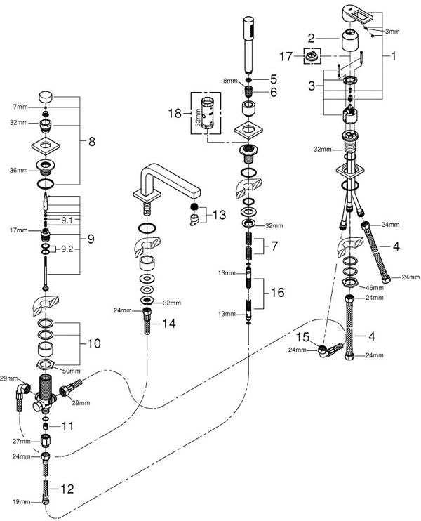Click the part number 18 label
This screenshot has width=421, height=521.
[175, 113]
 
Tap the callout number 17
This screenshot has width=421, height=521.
[286, 56]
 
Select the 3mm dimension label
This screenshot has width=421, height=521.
[392, 32]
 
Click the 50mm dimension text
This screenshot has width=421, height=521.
[71, 371]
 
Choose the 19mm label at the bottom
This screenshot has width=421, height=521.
[21, 502]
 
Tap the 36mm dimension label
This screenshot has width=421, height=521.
[18, 171]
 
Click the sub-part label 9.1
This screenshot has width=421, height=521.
[67, 220]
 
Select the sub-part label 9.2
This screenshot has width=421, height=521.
[67, 249]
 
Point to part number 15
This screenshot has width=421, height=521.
[302, 337]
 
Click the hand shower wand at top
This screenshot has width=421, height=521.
[248, 45]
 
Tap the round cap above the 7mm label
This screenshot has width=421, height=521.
[46, 97]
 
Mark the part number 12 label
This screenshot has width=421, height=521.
[67, 489]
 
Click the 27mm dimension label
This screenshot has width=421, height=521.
[21, 441]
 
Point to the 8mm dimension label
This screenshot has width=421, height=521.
[230, 81]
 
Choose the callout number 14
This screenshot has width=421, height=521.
[168, 323]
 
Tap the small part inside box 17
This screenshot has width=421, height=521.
[312, 56]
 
